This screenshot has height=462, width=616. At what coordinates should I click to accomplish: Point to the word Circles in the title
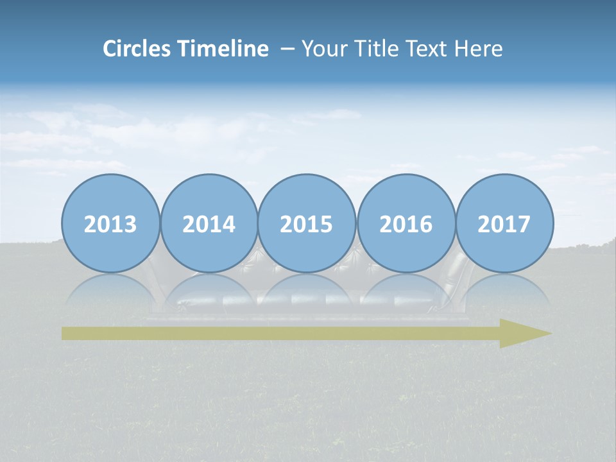[138, 49]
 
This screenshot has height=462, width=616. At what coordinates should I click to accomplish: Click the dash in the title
[288, 49]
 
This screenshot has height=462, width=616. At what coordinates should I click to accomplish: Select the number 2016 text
[406, 225]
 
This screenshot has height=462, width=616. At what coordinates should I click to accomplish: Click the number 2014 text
[209, 225]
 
